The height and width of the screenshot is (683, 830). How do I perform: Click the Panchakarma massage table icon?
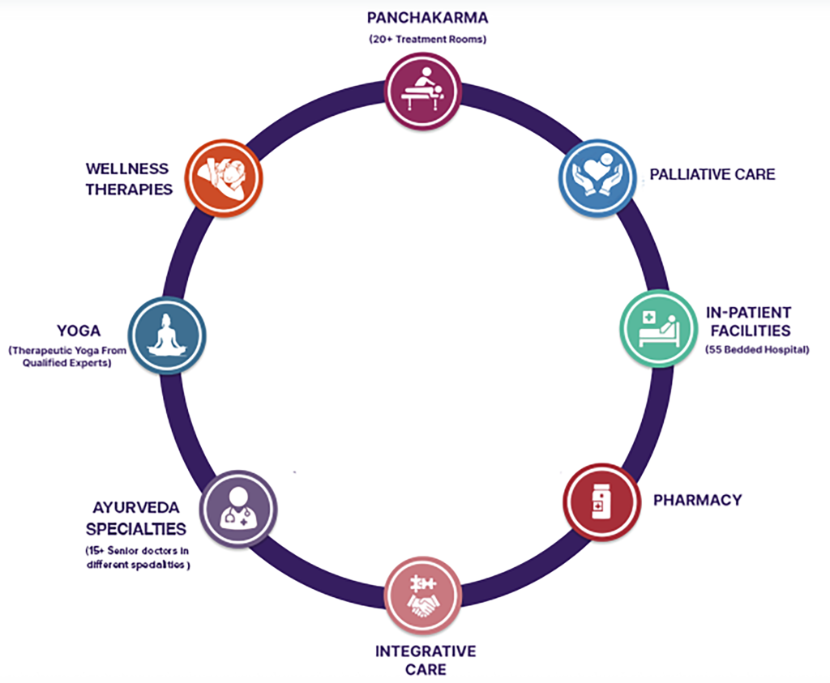coord(422,88)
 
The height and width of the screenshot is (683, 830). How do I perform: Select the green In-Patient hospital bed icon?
coord(658,328)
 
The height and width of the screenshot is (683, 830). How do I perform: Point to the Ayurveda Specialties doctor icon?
coord(238,509)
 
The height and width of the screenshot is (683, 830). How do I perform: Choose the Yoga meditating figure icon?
coord(167,335)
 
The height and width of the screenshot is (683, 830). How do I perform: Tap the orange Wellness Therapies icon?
coord(224,177)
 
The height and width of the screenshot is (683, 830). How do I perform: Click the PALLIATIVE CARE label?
coord(712,174)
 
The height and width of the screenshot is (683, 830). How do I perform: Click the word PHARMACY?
coord(697,500)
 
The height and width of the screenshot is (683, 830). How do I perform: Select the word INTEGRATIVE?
coord(426,651)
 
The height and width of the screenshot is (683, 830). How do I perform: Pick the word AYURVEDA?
coord(139,510)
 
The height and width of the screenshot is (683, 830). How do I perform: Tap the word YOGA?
coord(79,331)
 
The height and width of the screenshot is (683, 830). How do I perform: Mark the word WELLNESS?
coord(127,169)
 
